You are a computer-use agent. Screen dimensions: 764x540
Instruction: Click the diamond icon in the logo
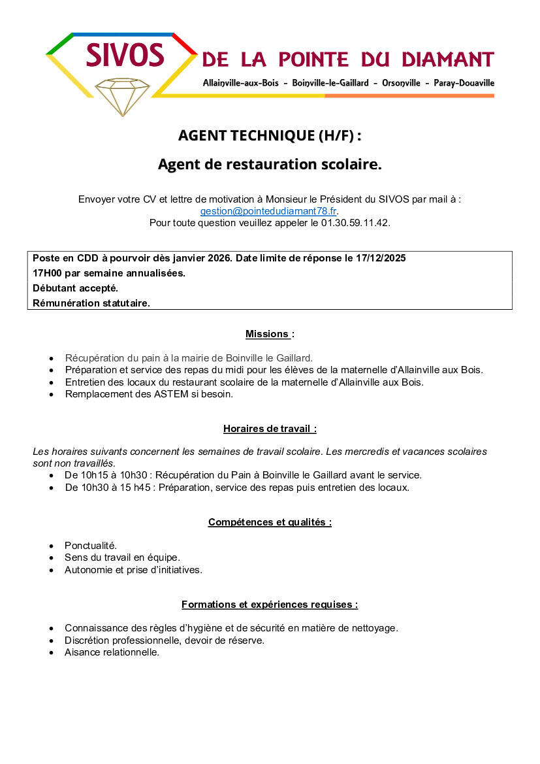[122, 95]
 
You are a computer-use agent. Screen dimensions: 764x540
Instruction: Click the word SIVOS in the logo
[125, 56]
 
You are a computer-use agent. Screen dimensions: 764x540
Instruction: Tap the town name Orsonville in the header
[396, 83]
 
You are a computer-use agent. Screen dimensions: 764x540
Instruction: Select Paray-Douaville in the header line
[464, 83]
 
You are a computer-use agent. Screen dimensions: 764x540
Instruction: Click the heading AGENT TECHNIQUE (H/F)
[269, 136]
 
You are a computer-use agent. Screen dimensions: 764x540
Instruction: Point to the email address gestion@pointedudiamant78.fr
[268, 211]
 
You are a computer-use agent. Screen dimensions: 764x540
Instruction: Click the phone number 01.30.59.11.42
[355, 223]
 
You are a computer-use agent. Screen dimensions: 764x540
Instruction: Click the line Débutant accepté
[75, 288]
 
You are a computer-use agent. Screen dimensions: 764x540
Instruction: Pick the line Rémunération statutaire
[91, 303]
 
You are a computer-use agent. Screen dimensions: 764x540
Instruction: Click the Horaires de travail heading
[269, 429]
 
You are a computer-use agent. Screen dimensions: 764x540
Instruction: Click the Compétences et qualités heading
[269, 522]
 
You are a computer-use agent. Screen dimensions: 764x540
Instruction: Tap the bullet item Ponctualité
[91, 545]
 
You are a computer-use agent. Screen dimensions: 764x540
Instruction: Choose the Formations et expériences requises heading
[269, 605]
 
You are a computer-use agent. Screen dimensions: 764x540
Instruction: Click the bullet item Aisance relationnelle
[112, 652]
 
